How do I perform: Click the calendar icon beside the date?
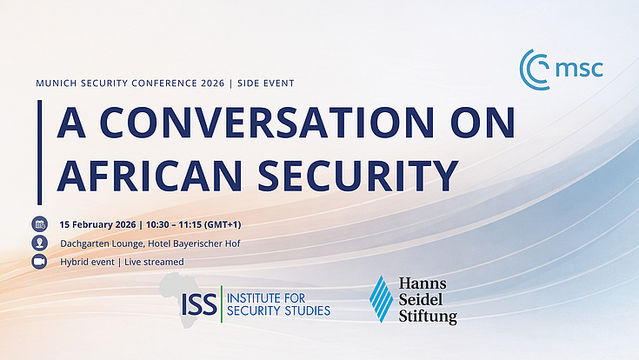point(39,224)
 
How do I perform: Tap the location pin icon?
point(39,243)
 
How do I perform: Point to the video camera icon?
point(39,261)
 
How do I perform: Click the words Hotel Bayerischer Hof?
point(195,243)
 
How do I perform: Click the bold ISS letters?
point(197,303)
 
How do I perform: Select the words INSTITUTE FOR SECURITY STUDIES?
point(277,303)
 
